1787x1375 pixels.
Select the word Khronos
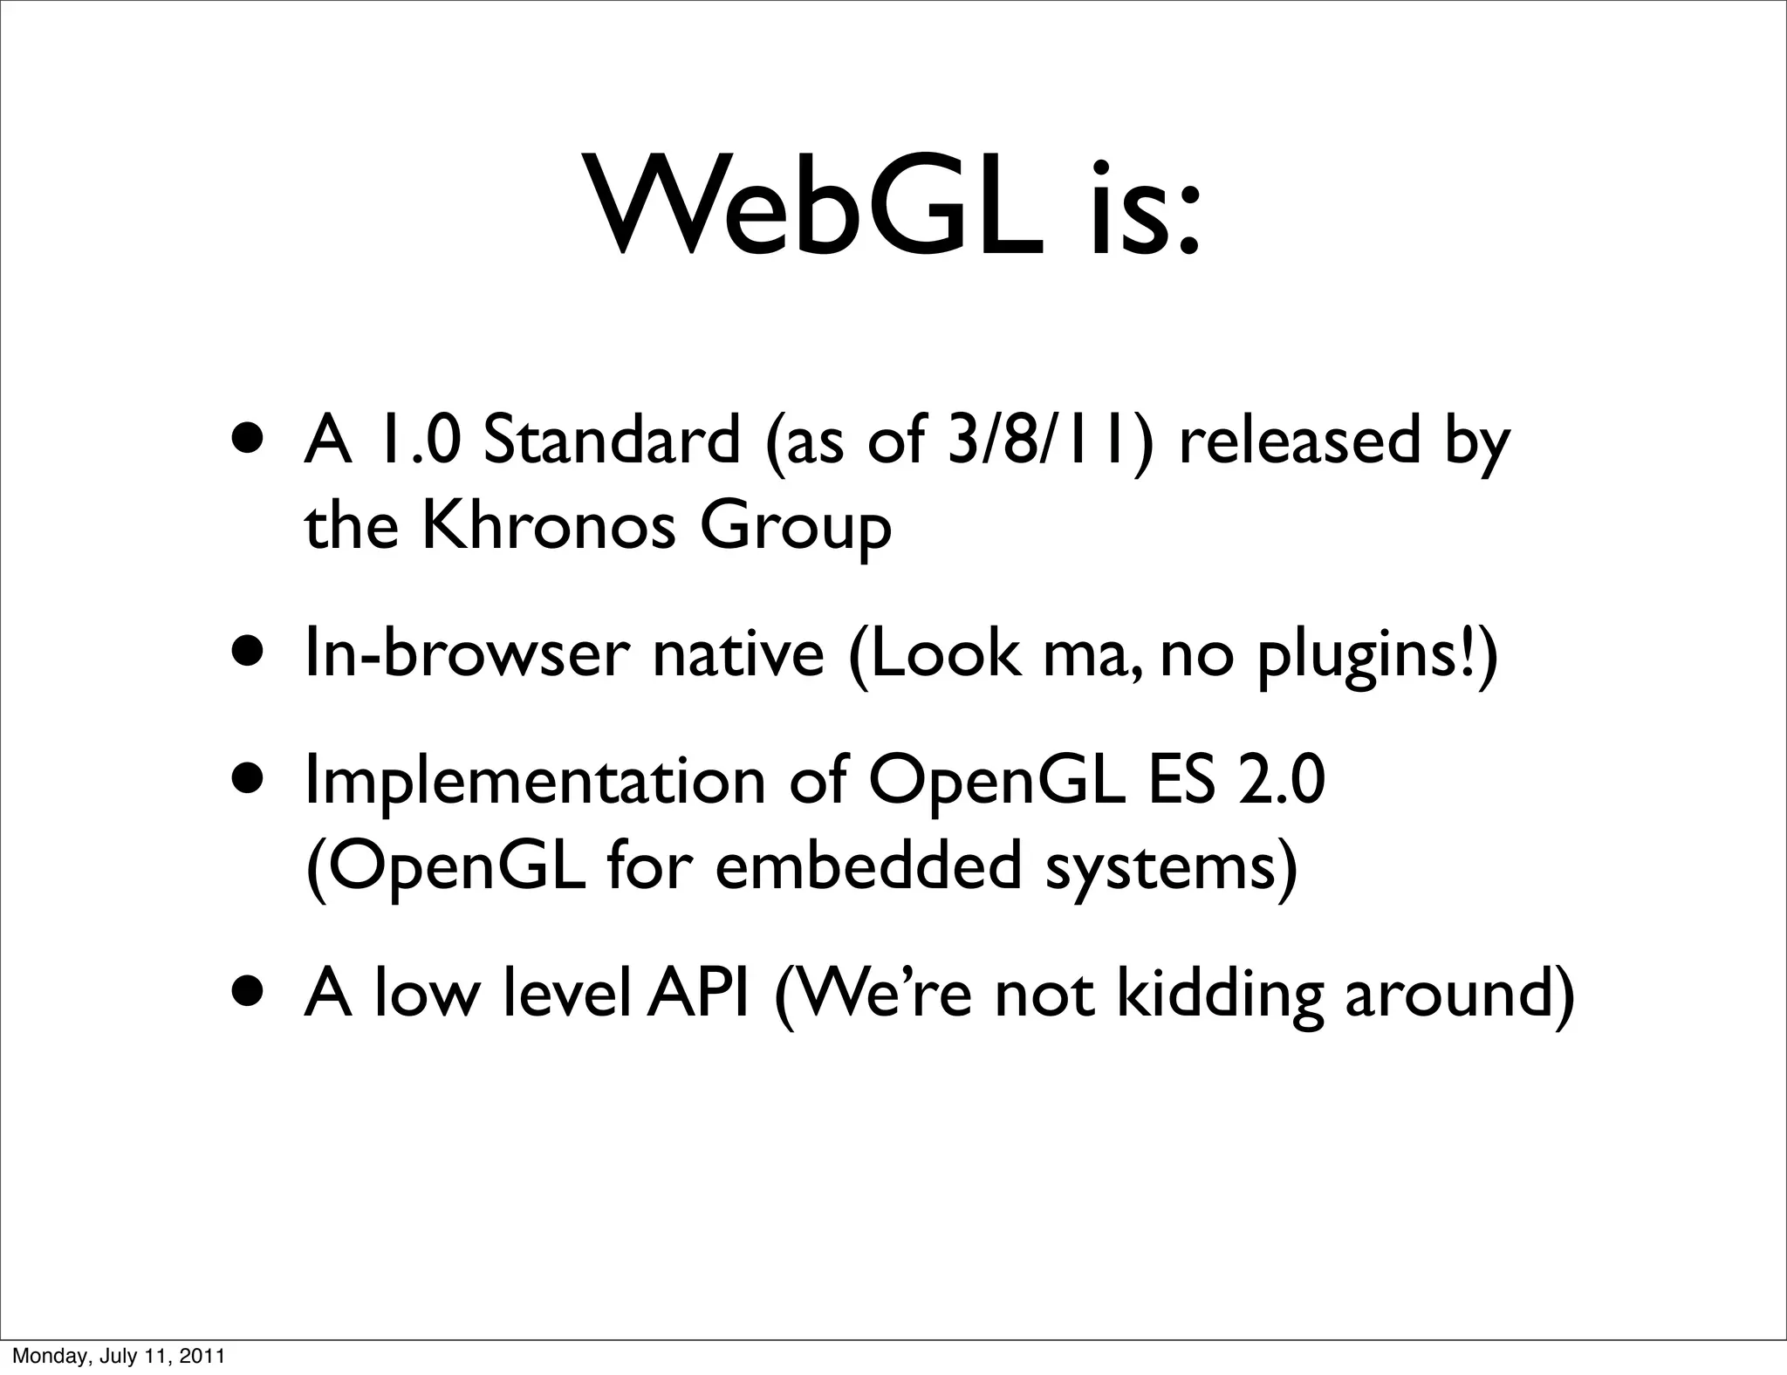(x=549, y=527)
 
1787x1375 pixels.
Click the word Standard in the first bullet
(x=611, y=440)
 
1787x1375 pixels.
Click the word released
(x=1297, y=440)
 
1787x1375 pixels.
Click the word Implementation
(x=535, y=782)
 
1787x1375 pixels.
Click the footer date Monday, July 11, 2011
(x=119, y=1357)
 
